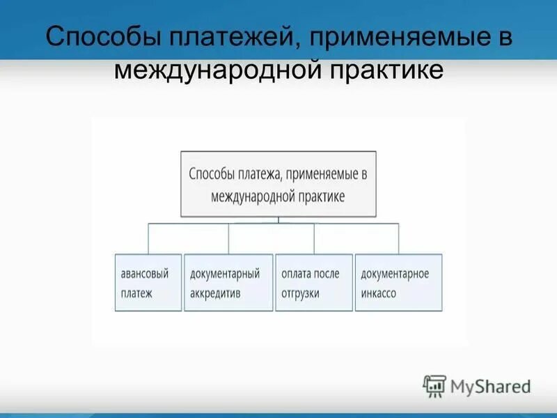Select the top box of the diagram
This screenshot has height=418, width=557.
(x=278, y=184)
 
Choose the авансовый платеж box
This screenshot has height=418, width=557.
(x=147, y=282)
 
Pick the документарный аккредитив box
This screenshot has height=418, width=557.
(x=228, y=282)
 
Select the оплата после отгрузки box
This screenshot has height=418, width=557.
(x=313, y=282)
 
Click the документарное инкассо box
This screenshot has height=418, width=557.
(x=398, y=282)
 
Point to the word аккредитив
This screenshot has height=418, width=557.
(x=215, y=293)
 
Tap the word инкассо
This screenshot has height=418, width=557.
(x=379, y=293)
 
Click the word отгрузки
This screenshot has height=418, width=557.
(x=301, y=293)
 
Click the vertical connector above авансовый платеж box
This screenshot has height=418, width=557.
(x=147, y=238)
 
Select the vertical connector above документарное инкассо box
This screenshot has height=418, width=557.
(x=398, y=238)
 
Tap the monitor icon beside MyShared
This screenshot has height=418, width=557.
(x=434, y=386)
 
